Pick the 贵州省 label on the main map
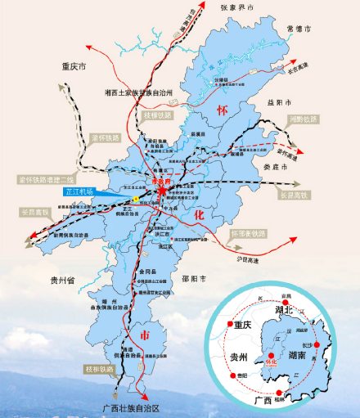[58, 281]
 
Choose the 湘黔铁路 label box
[304, 119]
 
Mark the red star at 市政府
[162, 191]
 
